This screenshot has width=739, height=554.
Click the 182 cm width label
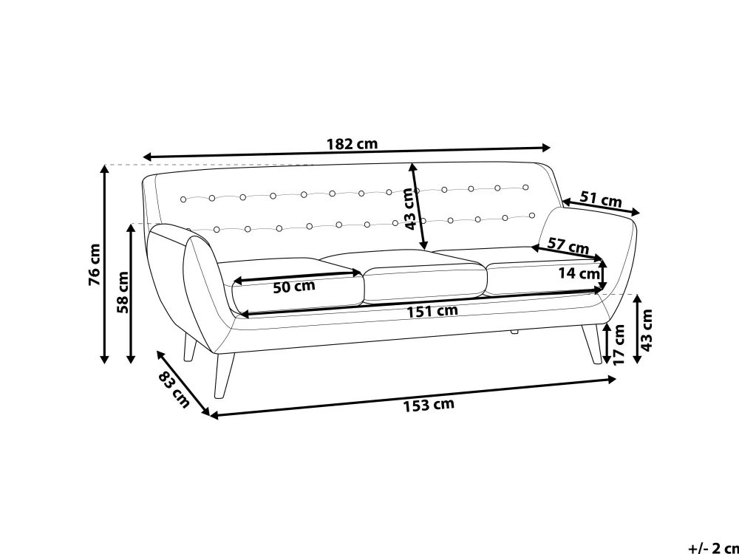point(352,143)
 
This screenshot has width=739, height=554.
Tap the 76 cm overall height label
point(95,264)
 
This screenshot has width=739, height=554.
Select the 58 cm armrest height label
point(123,292)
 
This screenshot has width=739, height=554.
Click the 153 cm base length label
point(429,405)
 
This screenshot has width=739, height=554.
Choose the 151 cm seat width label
point(432,312)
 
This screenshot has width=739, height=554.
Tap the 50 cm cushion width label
point(294,287)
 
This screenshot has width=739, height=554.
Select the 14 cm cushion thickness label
point(579,273)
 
